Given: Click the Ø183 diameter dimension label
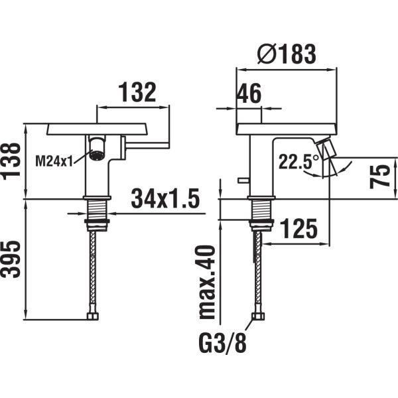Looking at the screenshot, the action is click(x=287, y=54).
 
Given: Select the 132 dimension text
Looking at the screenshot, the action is click(x=137, y=92).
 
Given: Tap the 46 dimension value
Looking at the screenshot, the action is click(x=249, y=94).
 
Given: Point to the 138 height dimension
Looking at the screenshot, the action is click(x=12, y=161).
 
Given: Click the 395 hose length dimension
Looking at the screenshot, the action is click(x=11, y=259).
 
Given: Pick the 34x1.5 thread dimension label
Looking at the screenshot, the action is click(x=165, y=198).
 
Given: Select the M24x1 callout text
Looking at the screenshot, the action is click(x=54, y=161).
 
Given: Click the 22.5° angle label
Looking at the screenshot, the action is click(x=298, y=162).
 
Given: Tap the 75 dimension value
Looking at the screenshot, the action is click(x=379, y=176).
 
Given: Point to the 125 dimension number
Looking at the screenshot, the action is click(x=298, y=228).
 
